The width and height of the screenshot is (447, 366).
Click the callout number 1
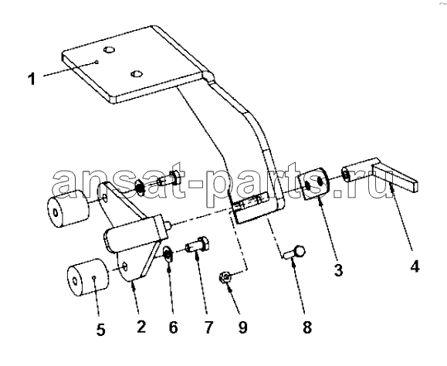point(32,79)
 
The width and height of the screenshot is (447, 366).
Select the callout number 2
point(141,327)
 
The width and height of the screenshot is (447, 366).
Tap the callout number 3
point(339,269)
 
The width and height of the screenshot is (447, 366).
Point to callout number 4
point(415,267)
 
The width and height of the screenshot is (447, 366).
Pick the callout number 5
point(100,330)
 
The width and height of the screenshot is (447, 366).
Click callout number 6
point(174,327)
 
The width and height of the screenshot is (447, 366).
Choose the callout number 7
point(208,327)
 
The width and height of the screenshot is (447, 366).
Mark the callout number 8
point(307,327)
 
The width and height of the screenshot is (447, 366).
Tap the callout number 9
point(242,327)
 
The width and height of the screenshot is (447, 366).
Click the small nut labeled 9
point(225,276)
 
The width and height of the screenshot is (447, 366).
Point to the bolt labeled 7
point(198,244)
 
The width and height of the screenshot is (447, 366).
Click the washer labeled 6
point(167,254)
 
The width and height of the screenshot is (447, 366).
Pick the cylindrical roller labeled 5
point(88,277)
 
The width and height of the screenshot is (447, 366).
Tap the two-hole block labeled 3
point(313,183)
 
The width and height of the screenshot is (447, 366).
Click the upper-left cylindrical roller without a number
point(68,208)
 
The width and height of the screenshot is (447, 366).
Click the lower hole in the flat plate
point(136,73)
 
